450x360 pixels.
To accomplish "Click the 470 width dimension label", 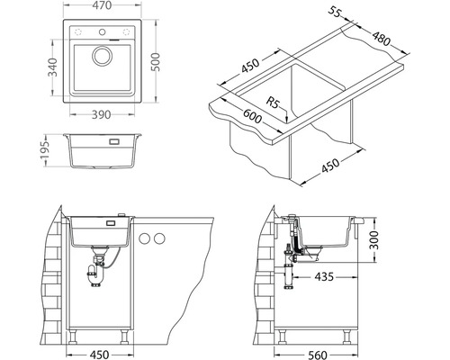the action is coord(102,5).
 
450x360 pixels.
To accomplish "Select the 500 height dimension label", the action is coord(156,62).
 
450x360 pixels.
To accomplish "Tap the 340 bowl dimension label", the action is coord(52,67).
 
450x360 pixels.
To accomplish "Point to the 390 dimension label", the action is coord(101,114).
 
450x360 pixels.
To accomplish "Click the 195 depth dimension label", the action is coord(45,150).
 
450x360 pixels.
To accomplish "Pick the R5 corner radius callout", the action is coord(273,103).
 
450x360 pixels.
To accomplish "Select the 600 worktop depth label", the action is coord(252,116).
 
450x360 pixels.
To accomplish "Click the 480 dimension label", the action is coord(382,39).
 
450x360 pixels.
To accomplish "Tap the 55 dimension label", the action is coord(335,12).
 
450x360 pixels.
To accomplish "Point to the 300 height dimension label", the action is coord(373,240).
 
